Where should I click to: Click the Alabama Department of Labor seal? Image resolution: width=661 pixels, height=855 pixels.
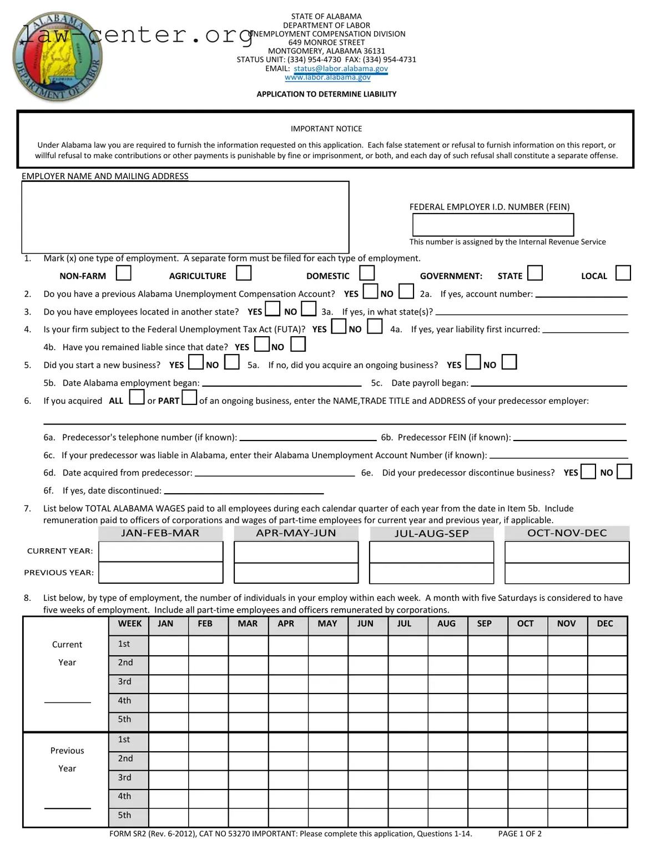pyautogui.click(x=57, y=57)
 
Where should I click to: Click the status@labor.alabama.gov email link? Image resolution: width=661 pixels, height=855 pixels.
pyautogui.click(x=340, y=68)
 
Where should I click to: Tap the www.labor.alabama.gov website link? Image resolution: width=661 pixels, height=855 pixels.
pyautogui.click(x=327, y=77)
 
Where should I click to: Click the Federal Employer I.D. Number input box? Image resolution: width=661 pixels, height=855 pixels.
pyautogui.click(x=492, y=225)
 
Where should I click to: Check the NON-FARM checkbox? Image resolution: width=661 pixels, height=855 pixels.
pyautogui.click(x=123, y=274)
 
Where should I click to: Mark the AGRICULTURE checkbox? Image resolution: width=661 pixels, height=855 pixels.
pyautogui.click(x=244, y=274)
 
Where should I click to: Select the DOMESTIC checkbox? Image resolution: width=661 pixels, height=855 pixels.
pyautogui.click(x=367, y=274)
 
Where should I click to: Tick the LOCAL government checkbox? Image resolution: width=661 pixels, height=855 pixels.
pyautogui.click(x=623, y=273)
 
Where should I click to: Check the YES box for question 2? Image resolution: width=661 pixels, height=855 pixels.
pyautogui.click(x=370, y=291)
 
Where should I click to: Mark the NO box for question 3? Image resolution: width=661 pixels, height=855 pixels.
pyautogui.click(x=309, y=309)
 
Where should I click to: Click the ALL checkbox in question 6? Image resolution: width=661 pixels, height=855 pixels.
pyautogui.click(x=137, y=398)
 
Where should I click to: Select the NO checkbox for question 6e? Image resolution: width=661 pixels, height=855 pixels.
pyautogui.click(x=624, y=472)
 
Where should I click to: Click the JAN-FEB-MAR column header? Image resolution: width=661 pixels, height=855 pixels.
pyautogui.click(x=160, y=533)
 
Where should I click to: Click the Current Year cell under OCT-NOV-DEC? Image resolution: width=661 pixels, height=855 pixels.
pyautogui.click(x=567, y=552)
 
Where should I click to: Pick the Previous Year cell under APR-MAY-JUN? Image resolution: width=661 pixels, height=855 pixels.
pyautogui.click(x=296, y=573)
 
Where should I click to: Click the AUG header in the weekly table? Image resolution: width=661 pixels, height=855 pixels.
pyautogui.click(x=446, y=624)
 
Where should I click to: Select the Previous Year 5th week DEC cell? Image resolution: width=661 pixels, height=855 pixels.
pyautogui.click(x=607, y=817)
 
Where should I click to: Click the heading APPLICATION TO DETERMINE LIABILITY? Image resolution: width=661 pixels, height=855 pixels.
pyautogui.click(x=326, y=94)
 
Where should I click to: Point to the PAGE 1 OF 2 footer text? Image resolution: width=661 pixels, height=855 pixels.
pyautogui.click(x=519, y=833)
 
